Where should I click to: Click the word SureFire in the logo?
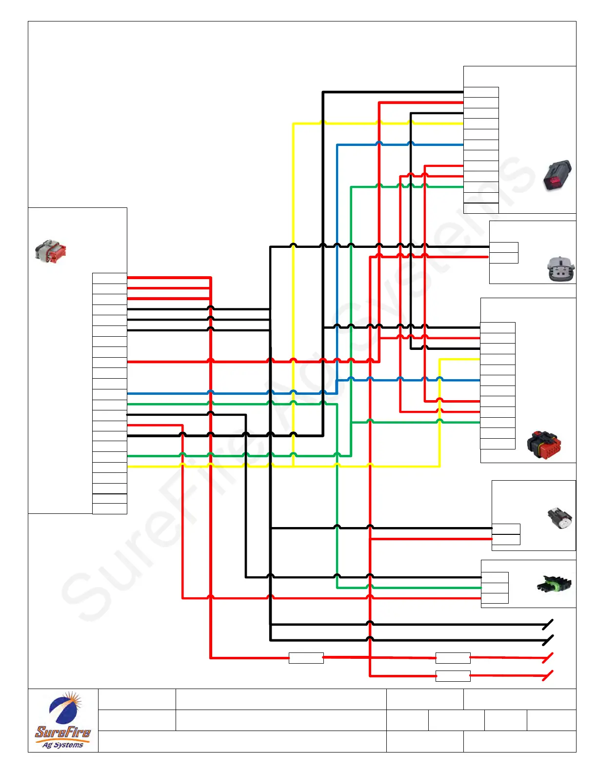[x=63, y=732]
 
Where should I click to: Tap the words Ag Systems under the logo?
[x=63, y=745]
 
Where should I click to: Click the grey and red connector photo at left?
[x=50, y=251]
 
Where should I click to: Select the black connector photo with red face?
[x=557, y=176]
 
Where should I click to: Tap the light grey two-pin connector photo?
[x=560, y=269]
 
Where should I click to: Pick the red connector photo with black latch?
[x=544, y=445]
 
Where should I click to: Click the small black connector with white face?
[x=559, y=519]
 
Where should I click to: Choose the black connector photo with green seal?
[x=554, y=584]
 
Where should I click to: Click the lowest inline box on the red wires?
[x=453, y=676]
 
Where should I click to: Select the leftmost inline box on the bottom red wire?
[x=306, y=658]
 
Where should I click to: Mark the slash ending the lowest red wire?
[x=548, y=676]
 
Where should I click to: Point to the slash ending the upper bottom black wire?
[x=548, y=624]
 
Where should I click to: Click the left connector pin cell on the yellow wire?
[x=110, y=467]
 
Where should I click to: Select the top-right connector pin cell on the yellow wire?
[x=481, y=124]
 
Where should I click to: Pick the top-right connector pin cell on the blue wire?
[x=481, y=145]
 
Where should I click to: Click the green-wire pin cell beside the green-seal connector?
[x=495, y=588]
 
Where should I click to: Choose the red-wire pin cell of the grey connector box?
[x=503, y=258]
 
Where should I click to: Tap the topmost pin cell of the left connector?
[x=110, y=278]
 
